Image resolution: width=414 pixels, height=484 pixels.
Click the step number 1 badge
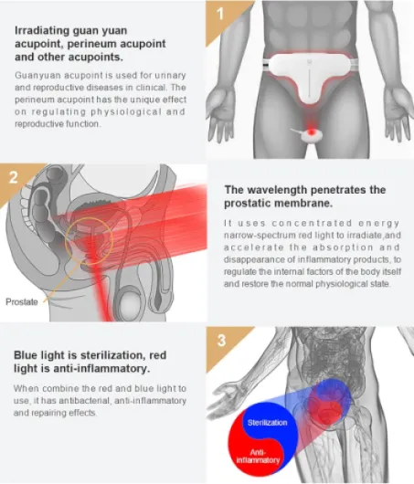[220, 14]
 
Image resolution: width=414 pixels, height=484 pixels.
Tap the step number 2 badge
[13, 177]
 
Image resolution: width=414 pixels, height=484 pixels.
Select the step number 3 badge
[221, 340]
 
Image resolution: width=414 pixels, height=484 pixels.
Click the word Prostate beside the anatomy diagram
[22, 301]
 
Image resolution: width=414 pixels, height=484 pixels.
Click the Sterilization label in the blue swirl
[267, 422]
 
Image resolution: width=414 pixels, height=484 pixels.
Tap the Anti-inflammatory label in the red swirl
[258, 457]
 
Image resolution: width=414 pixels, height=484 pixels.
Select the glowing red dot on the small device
[312, 132]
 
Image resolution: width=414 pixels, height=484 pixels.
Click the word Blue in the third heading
[26, 355]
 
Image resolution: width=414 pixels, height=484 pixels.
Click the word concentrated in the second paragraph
[312, 223]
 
